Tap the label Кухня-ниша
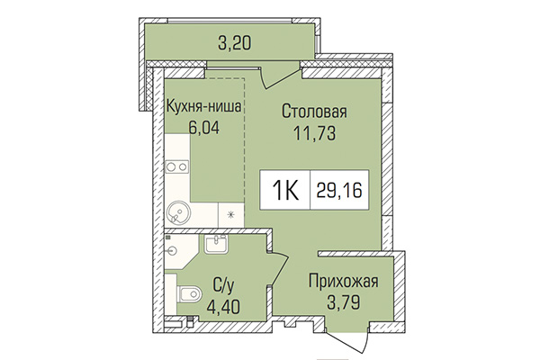pos(203,105)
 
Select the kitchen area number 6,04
pos(203,126)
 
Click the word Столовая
pos(314,112)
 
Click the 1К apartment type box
pos(285,191)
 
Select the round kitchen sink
pos(177,214)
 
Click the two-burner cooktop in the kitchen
pos(176,166)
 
